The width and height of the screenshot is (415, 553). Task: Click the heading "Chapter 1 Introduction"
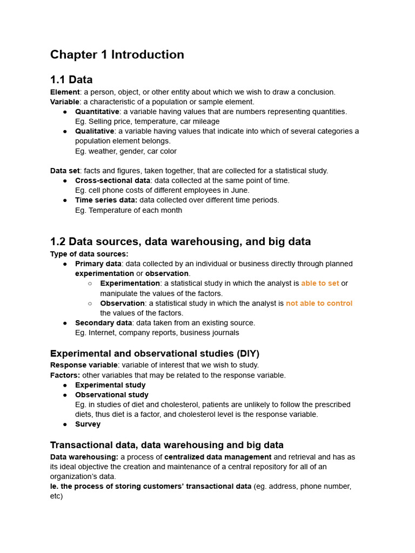[117, 55]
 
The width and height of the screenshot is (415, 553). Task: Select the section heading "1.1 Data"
[71, 80]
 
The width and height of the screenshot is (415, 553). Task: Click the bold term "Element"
[65, 92]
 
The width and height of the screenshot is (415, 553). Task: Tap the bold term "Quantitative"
[97, 112]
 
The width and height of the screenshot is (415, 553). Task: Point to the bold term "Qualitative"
[95, 131]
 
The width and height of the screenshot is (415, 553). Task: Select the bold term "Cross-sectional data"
[112, 180]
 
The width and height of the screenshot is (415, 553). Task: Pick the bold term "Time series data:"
[106, 200]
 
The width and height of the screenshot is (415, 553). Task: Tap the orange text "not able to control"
[319, 304]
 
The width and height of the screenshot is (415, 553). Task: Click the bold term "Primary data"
[98, 264]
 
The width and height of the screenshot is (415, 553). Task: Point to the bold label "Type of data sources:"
[89, 254]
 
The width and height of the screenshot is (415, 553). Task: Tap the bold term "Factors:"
[65, 375]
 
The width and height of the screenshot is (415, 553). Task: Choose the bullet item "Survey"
[88, 424]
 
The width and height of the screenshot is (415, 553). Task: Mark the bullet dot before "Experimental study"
[65, 386]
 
